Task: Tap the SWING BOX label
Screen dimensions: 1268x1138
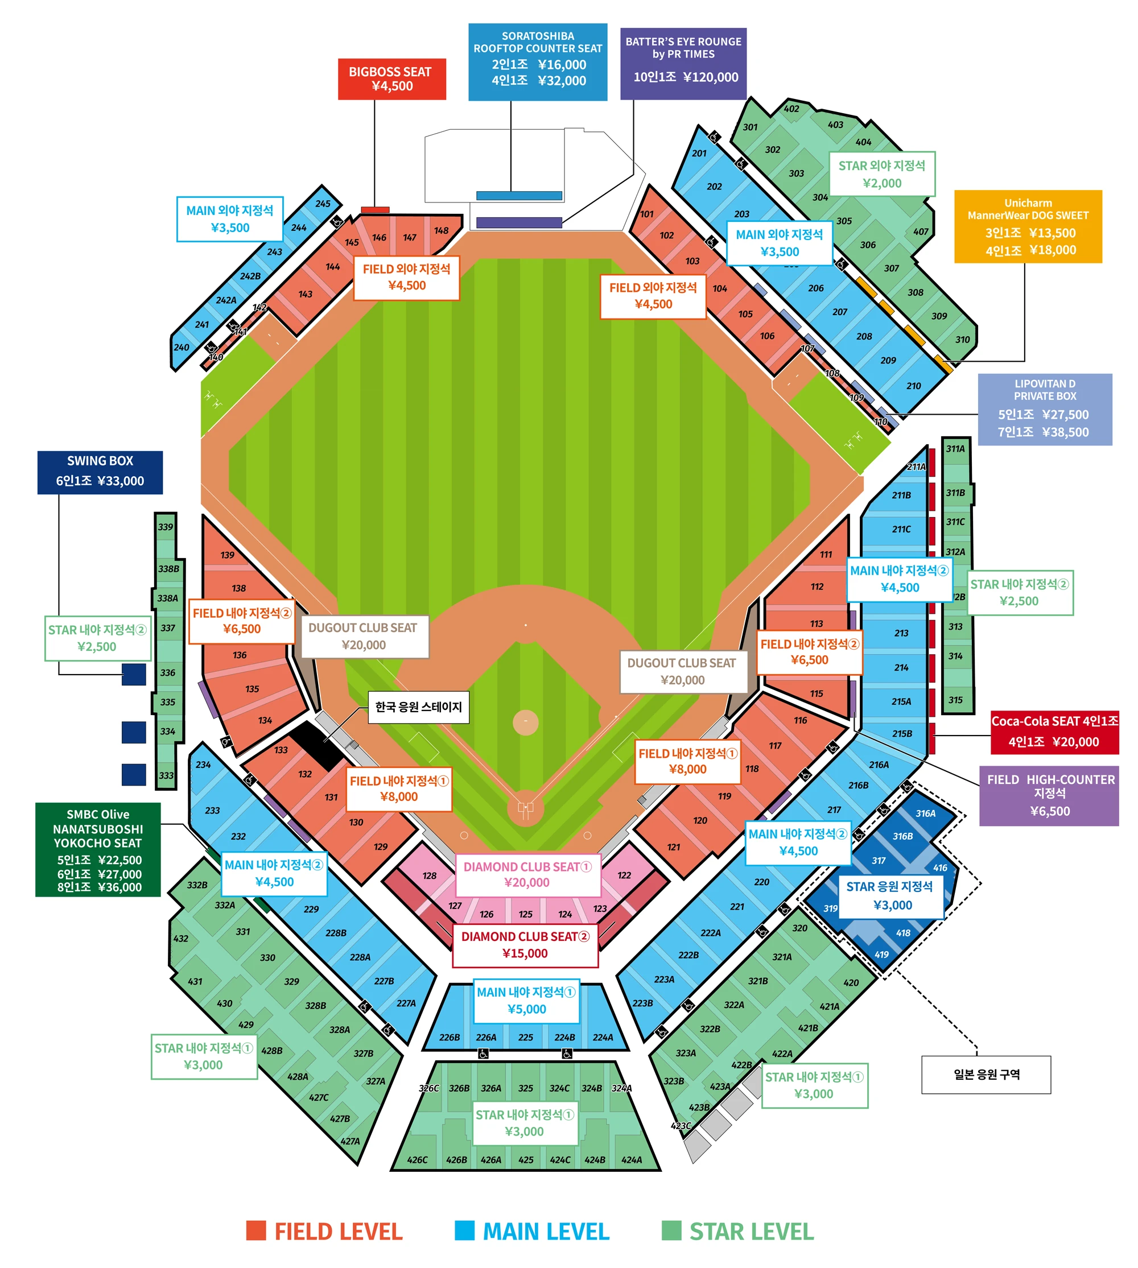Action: [x=100, y=472]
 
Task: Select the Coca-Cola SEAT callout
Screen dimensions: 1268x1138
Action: [x=1054, y=732]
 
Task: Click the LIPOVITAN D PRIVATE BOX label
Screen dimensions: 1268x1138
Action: [x=1044, y=409]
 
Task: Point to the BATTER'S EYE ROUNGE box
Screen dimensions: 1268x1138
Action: [x=683, y=63]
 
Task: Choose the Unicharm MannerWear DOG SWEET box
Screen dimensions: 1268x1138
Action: [x=1027, y=226]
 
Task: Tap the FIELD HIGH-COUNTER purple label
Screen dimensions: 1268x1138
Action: [x=1049, y=795]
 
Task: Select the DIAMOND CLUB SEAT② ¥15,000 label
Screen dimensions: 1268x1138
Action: [x=525, y=945]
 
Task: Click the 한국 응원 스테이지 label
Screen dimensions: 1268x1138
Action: [x=418, y=707]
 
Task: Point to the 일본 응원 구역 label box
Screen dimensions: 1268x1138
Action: [x=986, y=1074]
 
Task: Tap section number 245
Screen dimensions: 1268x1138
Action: [x=323, y=203]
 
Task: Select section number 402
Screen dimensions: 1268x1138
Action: [x=791, y=108]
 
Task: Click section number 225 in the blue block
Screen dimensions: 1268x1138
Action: [x=525, y=1037]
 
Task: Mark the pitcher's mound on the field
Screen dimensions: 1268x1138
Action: [x=525, y=721]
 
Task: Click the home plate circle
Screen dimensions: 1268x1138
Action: [x=525, y=808]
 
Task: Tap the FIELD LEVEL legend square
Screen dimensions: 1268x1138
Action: [x=255, y=1230]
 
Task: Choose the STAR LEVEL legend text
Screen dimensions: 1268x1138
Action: [x=751, y=1231]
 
